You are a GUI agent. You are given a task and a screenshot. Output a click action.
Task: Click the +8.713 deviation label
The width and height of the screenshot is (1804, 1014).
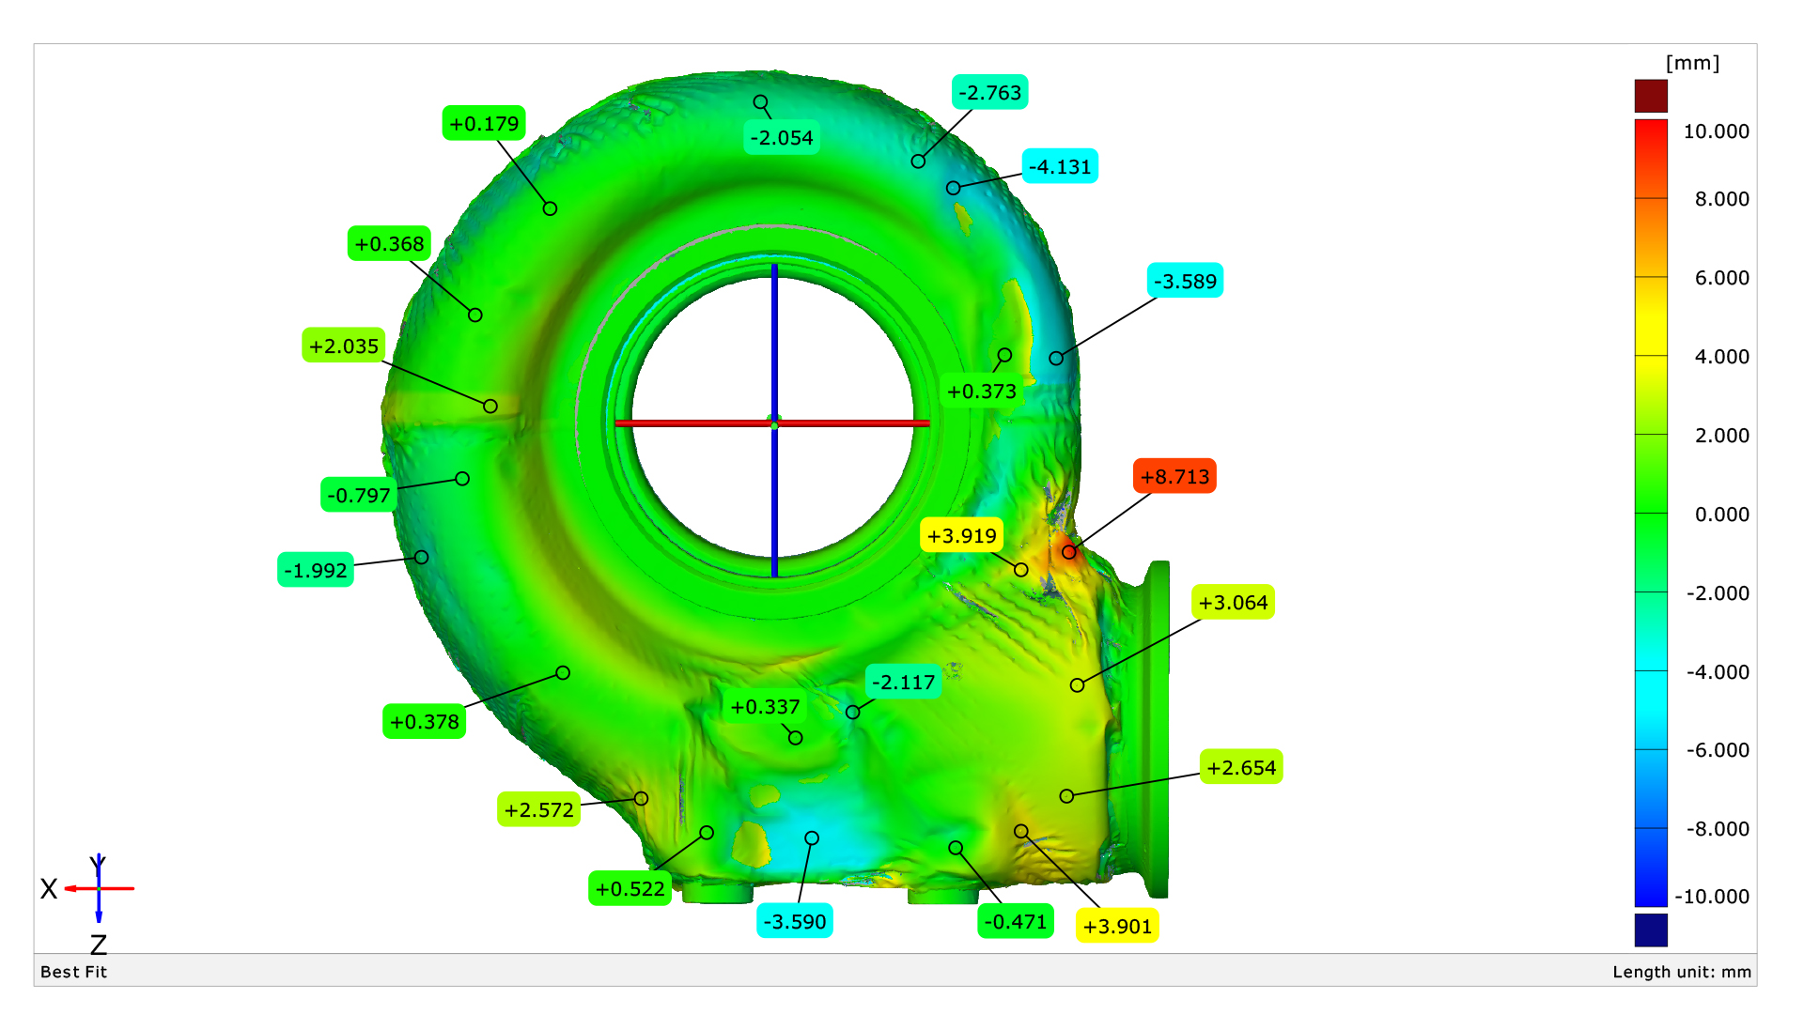click(1174, 476)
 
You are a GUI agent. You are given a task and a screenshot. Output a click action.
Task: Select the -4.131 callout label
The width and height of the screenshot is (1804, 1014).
click(1060, 167)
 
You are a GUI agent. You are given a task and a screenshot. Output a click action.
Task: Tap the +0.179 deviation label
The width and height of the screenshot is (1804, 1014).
click(484, 123)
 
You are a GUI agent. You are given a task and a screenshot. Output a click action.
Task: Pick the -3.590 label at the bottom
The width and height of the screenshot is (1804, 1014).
click(795, 921)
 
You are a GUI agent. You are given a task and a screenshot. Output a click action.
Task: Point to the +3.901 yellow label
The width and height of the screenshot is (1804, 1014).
click(1117, 926)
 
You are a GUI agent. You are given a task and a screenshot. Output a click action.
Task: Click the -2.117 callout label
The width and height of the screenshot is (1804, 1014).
click(903, 682)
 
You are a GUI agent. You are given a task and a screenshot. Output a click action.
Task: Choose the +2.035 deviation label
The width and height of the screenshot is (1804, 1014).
click(344, 346)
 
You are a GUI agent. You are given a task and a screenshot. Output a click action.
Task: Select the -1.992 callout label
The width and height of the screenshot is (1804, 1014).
click(316, 570)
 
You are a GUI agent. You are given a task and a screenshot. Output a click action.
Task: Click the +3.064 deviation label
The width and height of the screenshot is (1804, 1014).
click(1233, 602)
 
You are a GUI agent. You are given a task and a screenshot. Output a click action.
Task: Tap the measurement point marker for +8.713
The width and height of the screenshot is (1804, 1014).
click(1069, 552)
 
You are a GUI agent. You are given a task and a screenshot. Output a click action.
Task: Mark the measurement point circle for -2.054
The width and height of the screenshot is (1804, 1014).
click(760, 101)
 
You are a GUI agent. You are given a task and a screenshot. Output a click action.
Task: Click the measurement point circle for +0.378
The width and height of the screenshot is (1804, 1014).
click(563, 672)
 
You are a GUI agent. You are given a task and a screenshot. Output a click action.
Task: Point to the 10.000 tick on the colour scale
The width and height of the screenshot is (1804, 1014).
click(1716, 131)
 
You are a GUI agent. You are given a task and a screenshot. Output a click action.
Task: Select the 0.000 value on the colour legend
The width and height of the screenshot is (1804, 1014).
click(1721, 514)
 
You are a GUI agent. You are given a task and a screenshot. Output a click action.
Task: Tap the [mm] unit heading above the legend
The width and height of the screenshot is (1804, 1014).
click(1692, 63)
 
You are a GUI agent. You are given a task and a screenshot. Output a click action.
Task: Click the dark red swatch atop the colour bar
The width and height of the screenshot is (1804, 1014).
click(1651, 96)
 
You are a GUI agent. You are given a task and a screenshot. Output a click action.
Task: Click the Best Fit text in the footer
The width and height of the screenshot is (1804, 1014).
click(73, 972)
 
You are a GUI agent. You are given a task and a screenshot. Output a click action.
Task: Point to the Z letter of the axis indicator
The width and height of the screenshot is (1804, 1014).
click(99, 944)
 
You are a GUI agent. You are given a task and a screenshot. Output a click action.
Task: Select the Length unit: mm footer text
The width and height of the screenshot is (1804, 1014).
click(1682, 972)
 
